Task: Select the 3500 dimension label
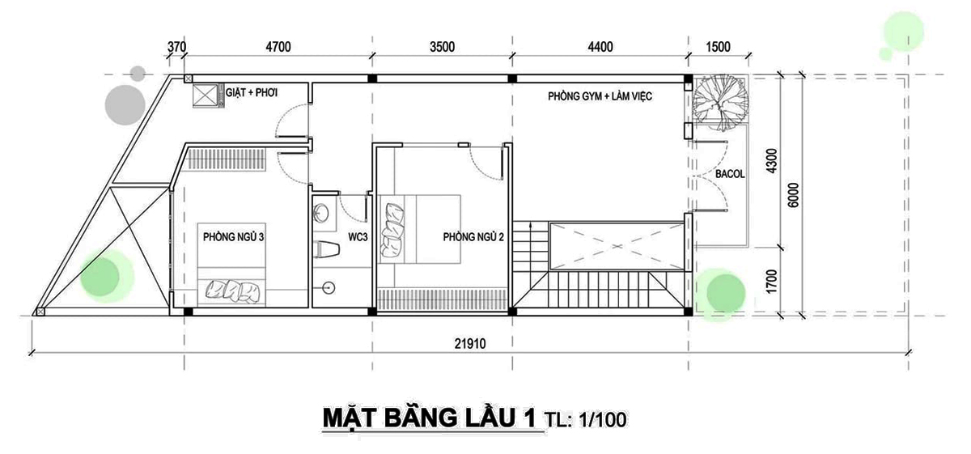441,47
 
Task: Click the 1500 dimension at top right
718,47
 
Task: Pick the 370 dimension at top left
177,47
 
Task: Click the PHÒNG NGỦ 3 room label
234,237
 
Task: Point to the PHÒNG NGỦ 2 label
473,237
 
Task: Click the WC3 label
358,237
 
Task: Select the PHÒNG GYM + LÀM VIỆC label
600,96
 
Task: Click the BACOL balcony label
731,173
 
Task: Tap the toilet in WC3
328,249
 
